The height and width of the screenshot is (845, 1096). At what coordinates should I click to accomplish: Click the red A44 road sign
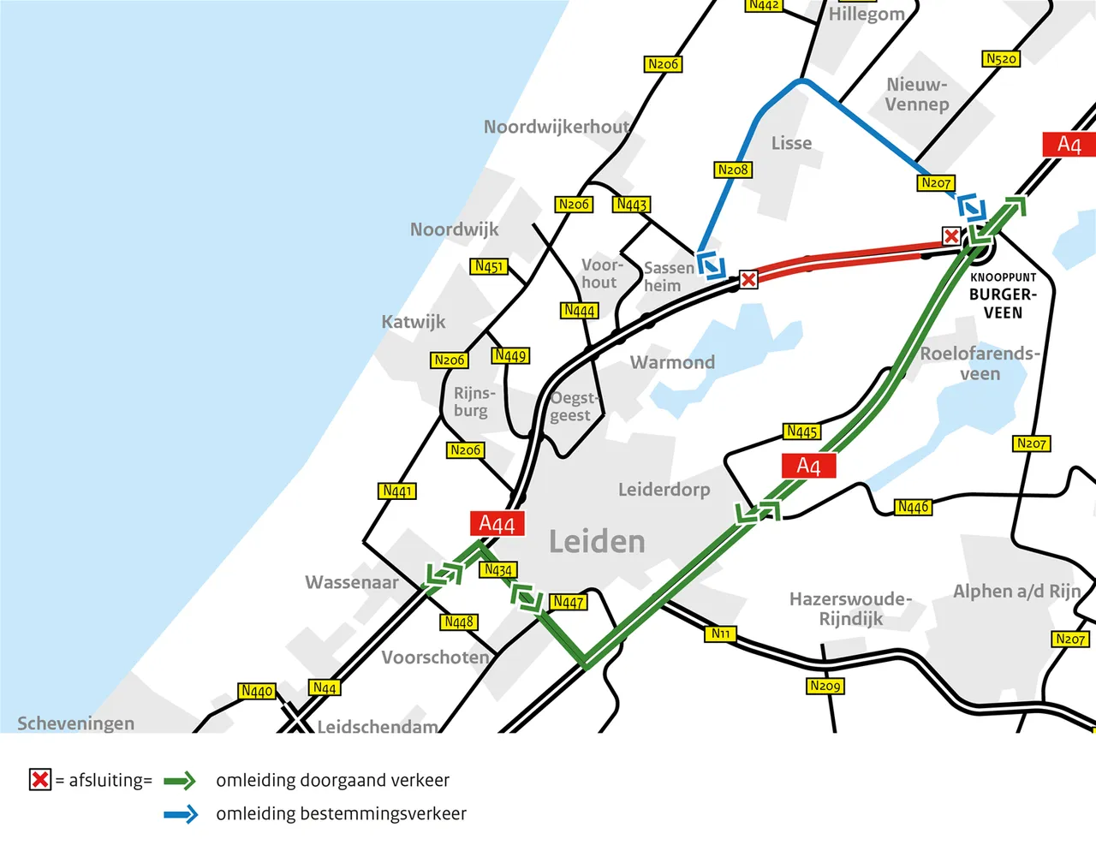497,524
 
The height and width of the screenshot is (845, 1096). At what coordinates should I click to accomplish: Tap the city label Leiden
597,542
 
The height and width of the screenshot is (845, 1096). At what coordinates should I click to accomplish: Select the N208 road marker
733,170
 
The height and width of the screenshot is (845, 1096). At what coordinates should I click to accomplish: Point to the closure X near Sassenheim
748,279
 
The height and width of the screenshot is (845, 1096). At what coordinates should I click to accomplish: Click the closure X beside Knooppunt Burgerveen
950,235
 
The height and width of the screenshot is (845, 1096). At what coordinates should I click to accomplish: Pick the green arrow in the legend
180,781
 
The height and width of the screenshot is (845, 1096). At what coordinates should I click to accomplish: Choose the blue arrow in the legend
180,814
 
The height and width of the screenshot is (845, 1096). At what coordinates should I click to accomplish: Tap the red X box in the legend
40,780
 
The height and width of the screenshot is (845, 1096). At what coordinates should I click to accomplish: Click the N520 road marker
1001,59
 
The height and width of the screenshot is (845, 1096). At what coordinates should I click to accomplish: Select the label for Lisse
791,143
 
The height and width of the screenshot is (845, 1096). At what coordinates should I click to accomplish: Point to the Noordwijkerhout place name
557,127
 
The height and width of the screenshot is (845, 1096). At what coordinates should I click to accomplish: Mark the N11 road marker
720,634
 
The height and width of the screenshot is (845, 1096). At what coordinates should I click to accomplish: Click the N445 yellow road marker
801,431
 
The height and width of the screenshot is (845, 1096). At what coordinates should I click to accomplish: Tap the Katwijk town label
414,322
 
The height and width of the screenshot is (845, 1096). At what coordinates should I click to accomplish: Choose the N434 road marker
497,569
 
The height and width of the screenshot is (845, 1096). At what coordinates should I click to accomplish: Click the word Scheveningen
75,723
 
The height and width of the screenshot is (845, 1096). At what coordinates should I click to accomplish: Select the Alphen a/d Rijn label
1017,591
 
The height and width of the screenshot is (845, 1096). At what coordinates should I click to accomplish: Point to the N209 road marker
825,686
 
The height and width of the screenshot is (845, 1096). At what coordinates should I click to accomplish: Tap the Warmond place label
672,362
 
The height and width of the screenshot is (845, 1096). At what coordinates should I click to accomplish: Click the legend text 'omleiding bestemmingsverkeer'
341,813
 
